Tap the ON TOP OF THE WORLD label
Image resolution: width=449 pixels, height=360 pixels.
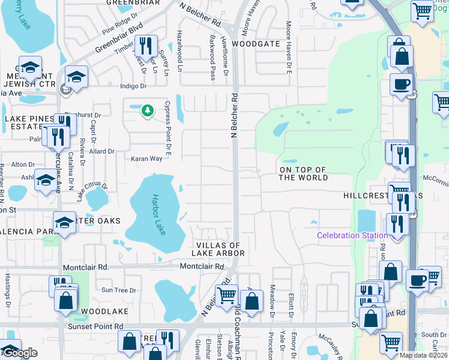click(x=304, y=174)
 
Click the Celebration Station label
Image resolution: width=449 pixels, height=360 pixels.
click(x=352, y=235)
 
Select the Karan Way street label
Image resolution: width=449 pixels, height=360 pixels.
click(x=147, y=159)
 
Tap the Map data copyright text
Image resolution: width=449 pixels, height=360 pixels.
click(x=424, y=355)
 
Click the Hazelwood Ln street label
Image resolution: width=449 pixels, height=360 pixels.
click(x=179, y=48)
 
